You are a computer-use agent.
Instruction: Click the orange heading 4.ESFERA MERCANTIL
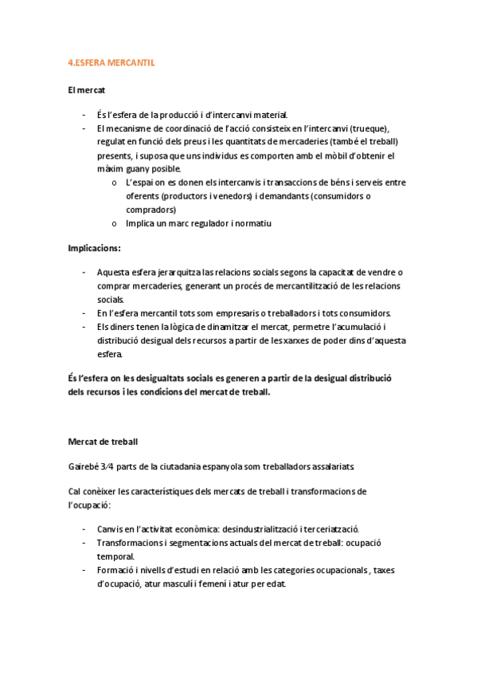pyautogui.click(x=111, y=61)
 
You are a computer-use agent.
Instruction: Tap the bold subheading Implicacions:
pyautogui.click(x=94, y=248)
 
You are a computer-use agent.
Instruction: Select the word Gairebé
pyautogui.click(x=84, y=466)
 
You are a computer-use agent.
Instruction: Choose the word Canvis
pyautogui.click(x=109, y=529)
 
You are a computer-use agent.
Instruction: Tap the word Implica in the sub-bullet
pyautogui.click(x=140, y=223)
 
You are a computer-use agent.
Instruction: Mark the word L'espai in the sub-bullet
pyautogui.click(x=140, y=183)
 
